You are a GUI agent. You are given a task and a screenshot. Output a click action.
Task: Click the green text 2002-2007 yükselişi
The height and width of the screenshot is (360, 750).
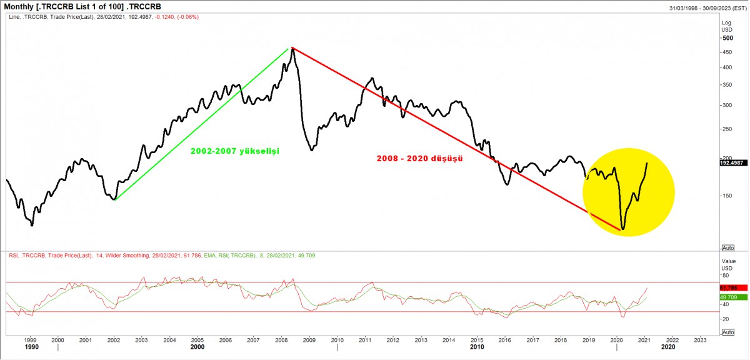coord(234,151)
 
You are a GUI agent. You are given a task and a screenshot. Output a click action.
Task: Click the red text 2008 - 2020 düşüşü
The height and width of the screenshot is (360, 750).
coord(419,159)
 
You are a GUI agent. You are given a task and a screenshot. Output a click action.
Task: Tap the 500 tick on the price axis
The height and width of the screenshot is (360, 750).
coord(727,37)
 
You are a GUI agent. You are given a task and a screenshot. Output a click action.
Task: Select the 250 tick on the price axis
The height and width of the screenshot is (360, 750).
coord(727,129)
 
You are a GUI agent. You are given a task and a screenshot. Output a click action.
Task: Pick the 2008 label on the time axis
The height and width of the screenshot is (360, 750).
coord(281,340)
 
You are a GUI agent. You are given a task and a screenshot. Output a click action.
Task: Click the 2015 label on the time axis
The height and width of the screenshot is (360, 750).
coord(477,340)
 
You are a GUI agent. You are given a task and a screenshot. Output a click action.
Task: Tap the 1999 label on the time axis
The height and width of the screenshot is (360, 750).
coord(30,340)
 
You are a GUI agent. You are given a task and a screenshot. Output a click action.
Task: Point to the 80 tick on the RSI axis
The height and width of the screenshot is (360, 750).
coord(725,275)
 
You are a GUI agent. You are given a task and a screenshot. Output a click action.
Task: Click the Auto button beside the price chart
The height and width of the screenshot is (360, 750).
coord(727,247)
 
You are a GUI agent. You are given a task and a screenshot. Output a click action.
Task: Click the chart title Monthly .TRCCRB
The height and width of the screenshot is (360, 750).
coord(87,6)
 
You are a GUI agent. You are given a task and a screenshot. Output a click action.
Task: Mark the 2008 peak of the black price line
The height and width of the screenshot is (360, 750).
coord(292,49)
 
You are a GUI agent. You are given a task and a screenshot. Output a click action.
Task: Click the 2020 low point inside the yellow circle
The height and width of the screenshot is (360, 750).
coord(622,229)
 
